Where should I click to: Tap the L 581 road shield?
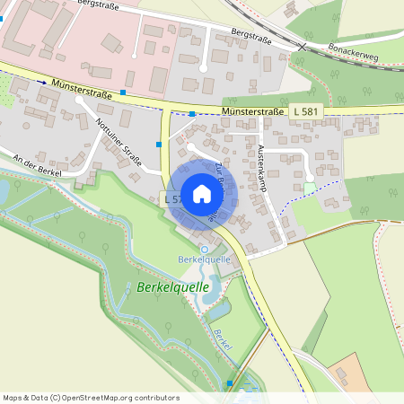coord(304,110)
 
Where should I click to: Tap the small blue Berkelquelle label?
coord(205,259)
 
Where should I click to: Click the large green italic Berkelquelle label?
coord(173,288)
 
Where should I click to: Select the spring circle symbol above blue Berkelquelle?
coord(204,248)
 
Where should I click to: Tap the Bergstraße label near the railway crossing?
coord(251,34)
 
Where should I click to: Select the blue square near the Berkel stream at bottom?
coord(230,383)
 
